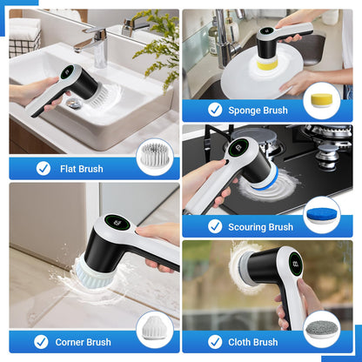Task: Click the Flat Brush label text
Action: [x=82, y=169]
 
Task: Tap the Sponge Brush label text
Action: [x=258, y=110]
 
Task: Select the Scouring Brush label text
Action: [x=261, y=227]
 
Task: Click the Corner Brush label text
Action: [x=83, y=342]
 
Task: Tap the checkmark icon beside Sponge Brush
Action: [x=215, y=110]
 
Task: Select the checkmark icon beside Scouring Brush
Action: [x=215, y=226]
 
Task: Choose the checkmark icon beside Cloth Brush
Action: [x=215, y=342]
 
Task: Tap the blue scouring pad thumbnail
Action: [x=322, y=215]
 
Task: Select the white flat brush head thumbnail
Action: [x=155, y=158]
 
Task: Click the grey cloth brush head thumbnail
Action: [x=322, y=332]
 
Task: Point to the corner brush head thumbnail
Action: [x=154, y=332]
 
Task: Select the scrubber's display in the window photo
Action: [x=297, y=264]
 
